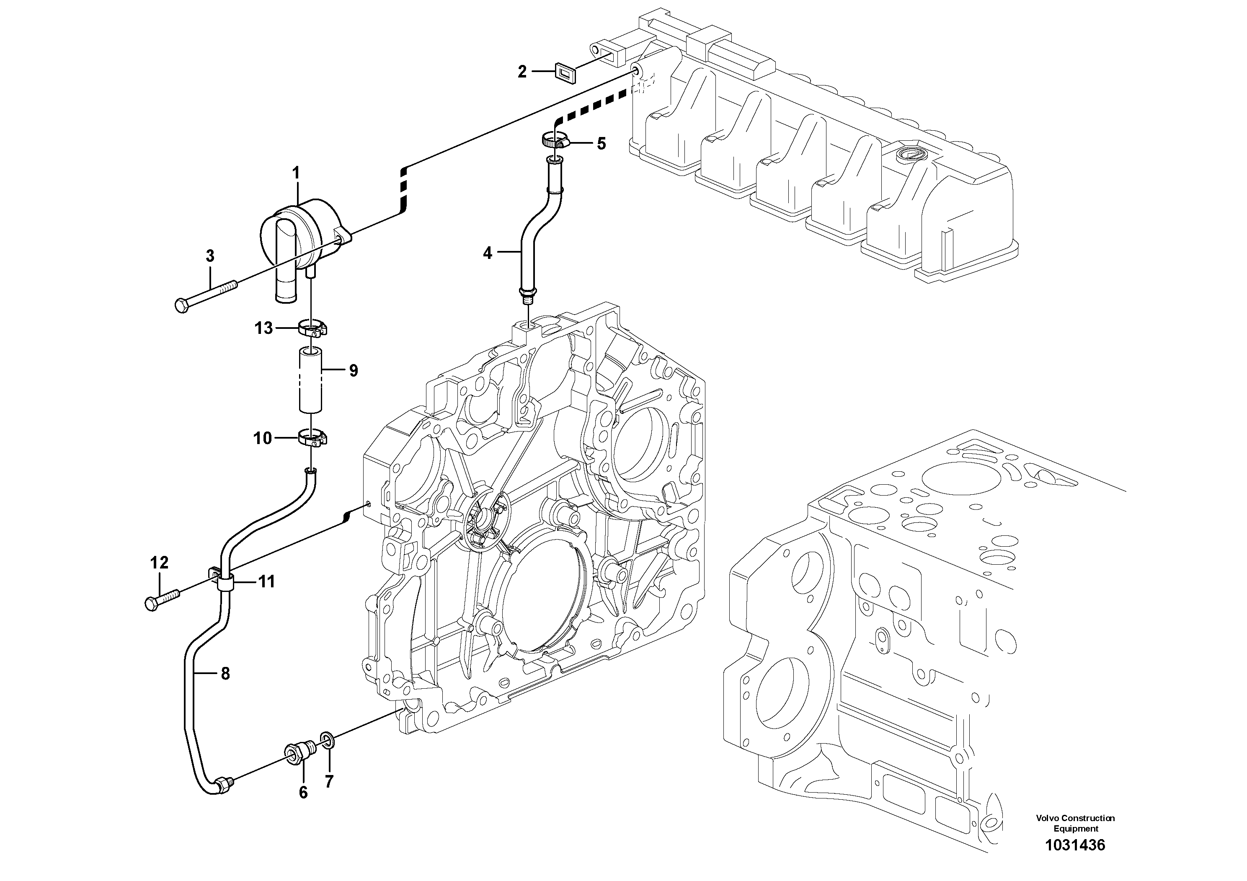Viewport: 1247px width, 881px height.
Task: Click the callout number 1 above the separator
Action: coord(296,173)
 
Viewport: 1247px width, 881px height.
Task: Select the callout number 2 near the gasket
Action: coord(522,71)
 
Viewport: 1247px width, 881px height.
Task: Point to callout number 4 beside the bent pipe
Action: coord(488,253)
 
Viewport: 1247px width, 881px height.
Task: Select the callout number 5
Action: coord(601,144)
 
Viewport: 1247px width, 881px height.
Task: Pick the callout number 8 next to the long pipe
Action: coord(225,674)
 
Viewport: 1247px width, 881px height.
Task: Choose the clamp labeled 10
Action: coord(312,438)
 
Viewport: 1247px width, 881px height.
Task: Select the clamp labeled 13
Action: coord(313,328)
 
